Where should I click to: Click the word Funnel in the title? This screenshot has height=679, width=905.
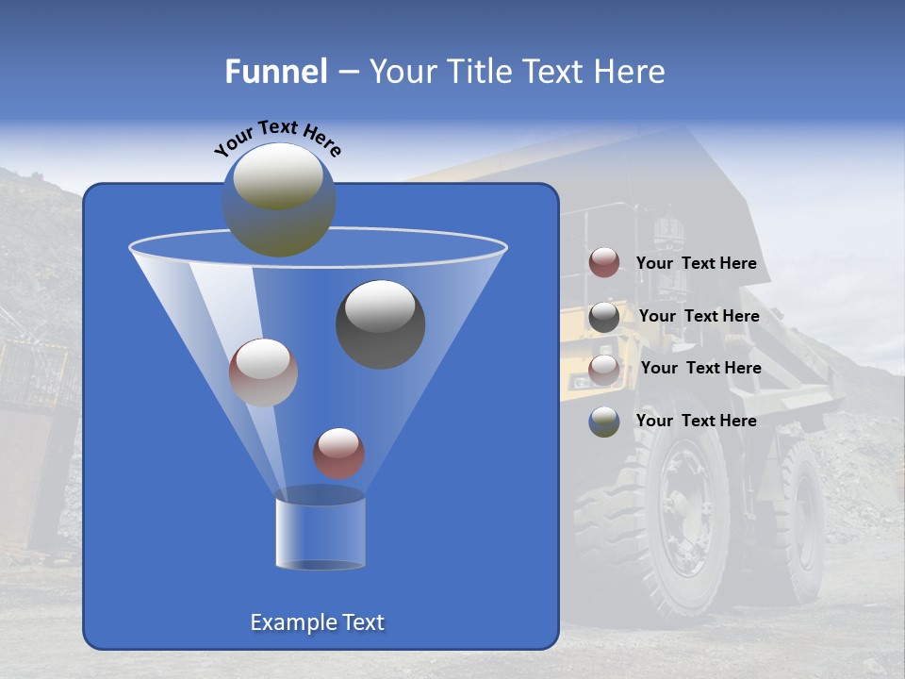[275, 72]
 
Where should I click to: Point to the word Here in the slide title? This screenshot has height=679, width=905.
[631, 72]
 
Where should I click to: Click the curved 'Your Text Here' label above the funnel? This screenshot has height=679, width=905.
[278, 137]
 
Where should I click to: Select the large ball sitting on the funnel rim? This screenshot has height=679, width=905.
[279, 199]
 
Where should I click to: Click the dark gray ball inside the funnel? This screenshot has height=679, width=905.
[381, 324]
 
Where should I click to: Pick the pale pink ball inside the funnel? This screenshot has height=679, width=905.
[263, 372]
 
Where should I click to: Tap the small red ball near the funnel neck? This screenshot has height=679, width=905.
[338, 453]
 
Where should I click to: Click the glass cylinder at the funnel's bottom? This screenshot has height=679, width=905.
[320, 529]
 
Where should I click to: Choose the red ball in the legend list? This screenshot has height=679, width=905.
[604, 263]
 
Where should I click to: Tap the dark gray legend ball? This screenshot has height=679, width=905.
[604, 317]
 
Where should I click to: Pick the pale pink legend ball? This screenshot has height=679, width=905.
[604, 369]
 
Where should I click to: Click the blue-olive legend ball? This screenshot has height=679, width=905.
[604, 422]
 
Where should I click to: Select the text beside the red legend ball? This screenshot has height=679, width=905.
[696, 263]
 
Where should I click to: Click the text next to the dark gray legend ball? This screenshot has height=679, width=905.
[699, 316]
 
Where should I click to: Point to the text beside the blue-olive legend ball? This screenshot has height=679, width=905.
[696, 421]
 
